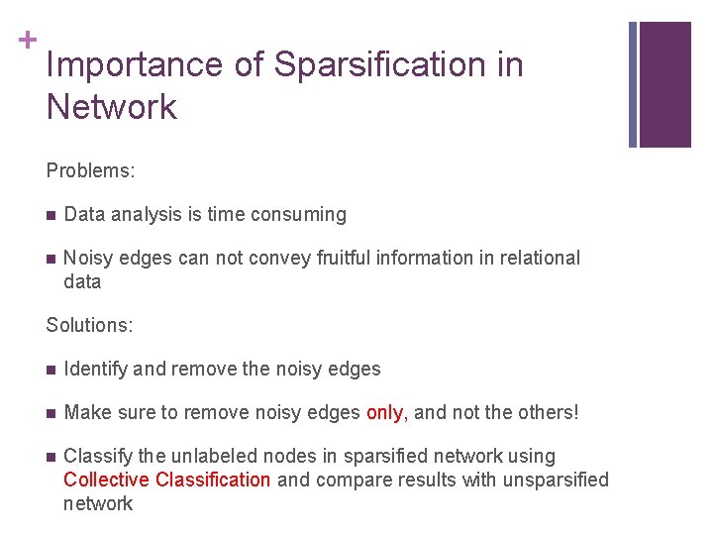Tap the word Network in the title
click(x=111, y=107)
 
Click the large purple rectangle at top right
click(x=665, y=84)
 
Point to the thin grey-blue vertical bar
click(x=633, y=84)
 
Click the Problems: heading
click(x=90, y=170)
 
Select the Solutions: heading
click(x=89, y=325)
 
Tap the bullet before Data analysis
click(x=51, y=215)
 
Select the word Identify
click(x=95, y=369)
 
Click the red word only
click(x=385, y=412)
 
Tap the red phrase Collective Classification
click(x=166, y=480)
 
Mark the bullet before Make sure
click(x=51, y=413)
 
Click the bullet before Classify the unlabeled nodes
click(x=51, y=457)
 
